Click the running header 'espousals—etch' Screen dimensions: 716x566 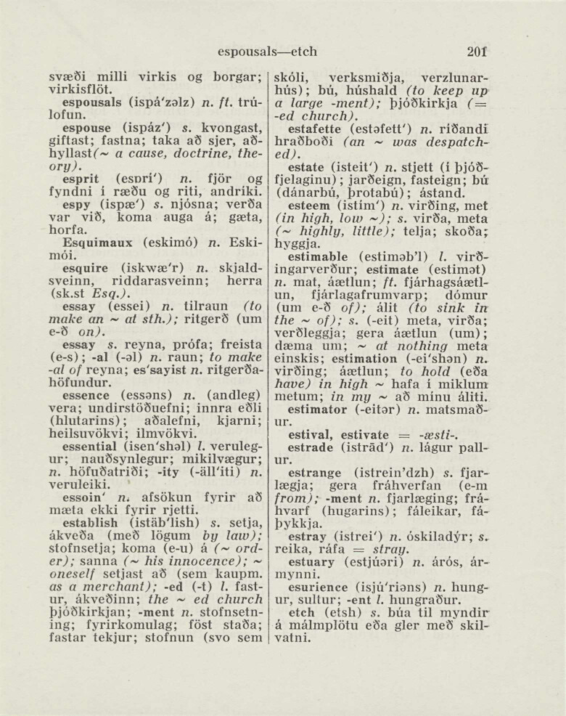click(267, 52)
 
